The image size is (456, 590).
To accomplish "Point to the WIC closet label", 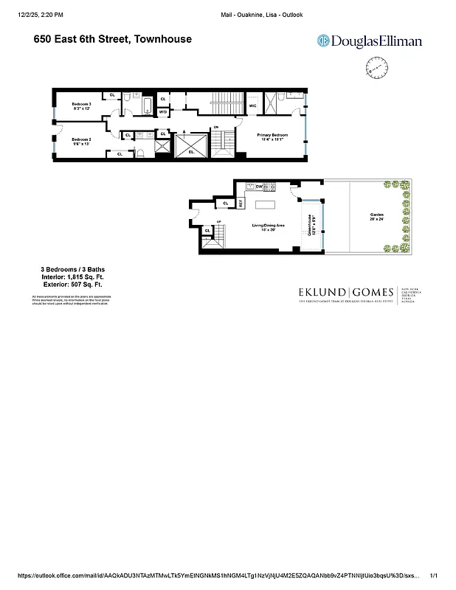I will tap(253, 106).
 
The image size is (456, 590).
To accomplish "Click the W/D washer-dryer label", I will tap(163, 111).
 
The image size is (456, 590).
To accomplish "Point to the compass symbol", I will tap(376, 71).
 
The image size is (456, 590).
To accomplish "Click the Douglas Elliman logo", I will tap(359, 42).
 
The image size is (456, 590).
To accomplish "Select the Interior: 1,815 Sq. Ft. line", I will tap(72, 277).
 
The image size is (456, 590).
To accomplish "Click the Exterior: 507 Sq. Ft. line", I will tap(72, 284).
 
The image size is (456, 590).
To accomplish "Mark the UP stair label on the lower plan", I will tap(218, 223).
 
